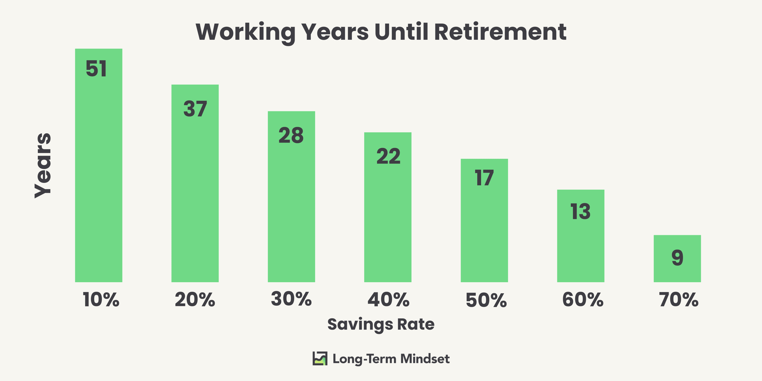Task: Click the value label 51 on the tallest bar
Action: [96, 69]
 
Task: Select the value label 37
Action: [195, 109]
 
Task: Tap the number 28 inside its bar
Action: [291, 136]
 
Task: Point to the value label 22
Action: [388, 156]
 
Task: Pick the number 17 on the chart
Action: [484, 178]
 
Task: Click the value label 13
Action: [580, 212]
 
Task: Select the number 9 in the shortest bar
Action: [677, 258]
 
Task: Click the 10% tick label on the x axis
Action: [101, 299]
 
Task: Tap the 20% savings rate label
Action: [195, 299]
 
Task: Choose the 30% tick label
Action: [291, 299]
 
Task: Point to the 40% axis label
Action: [388, 299]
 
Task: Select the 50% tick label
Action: [486, 300]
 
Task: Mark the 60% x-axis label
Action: [583, 299]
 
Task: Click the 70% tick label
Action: [679, 299]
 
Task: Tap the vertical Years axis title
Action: [43, 166]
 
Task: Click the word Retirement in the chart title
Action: [500, 32]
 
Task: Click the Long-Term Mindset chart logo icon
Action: [320, 358]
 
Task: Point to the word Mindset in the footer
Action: [425, 359]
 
